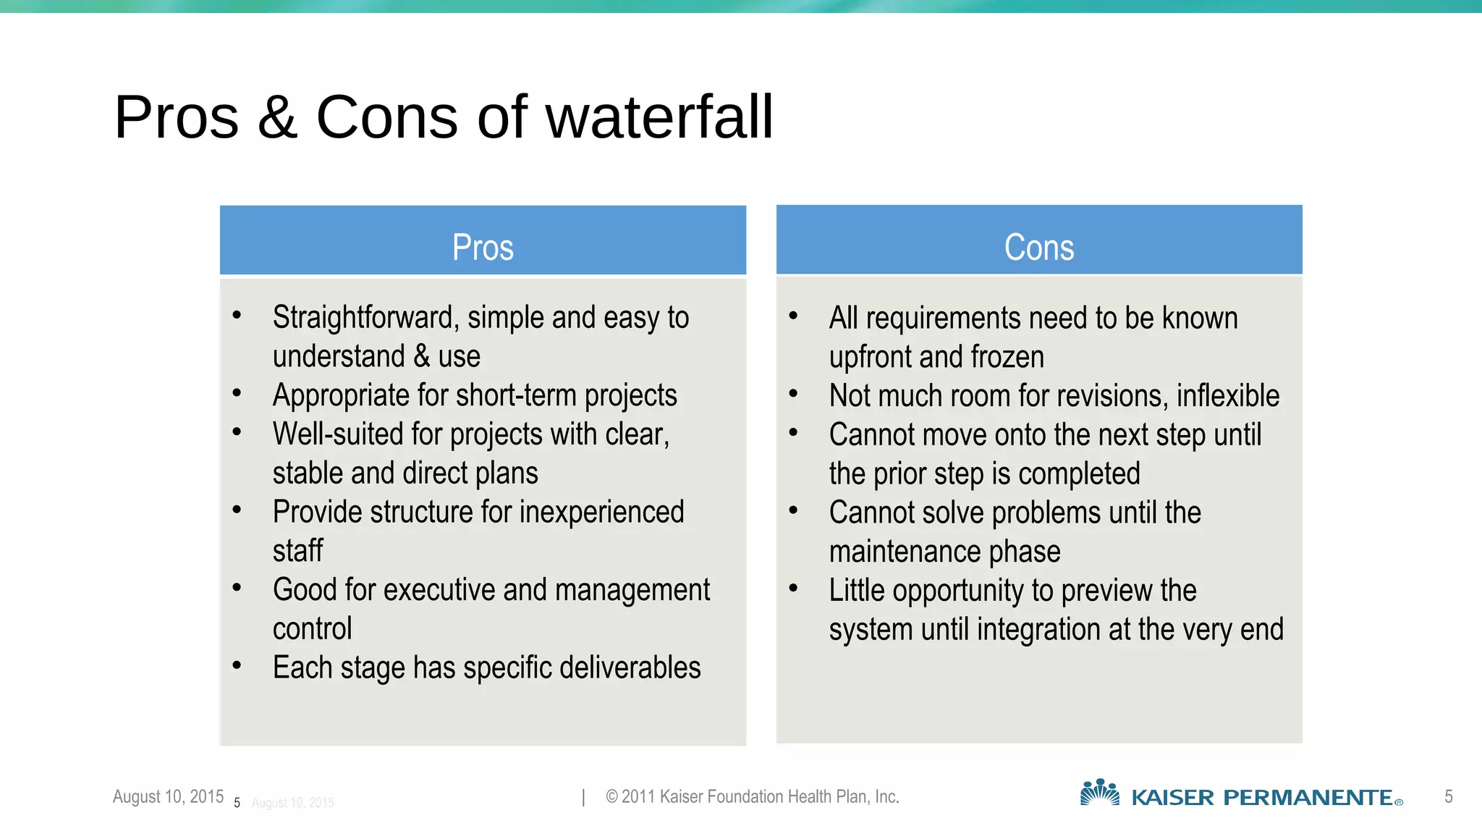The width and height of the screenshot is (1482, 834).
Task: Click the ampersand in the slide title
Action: tap(277, 119)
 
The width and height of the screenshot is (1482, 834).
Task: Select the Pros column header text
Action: tap(483, 248)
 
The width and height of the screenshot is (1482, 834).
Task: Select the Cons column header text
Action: tap(1039, 248)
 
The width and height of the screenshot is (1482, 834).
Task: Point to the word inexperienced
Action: tap(601, 512)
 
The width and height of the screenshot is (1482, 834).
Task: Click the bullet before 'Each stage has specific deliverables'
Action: tap(237, 665)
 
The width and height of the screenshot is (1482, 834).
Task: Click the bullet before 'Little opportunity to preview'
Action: tap(793, 588)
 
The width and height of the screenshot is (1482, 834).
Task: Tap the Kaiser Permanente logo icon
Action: tap(1099, 793)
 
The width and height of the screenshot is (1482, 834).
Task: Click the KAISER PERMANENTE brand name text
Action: tap(1262, 798)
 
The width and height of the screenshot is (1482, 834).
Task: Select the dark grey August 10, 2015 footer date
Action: tap(168, 796)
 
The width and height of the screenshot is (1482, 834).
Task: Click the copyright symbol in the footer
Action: tap(611, 797)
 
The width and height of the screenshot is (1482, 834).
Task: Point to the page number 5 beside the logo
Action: tap(1448, 796)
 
